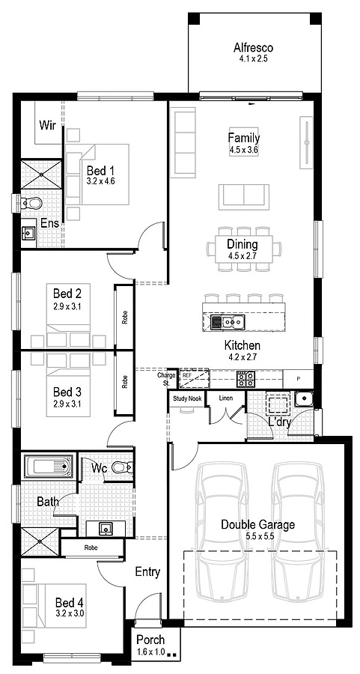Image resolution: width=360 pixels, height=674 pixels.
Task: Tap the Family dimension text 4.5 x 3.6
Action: tap(243, 150)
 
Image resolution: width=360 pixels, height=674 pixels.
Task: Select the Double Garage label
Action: tap(257, 524)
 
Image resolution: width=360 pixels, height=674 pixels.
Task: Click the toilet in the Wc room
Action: tap(123, 470)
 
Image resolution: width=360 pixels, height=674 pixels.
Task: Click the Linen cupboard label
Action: tap(225, 398)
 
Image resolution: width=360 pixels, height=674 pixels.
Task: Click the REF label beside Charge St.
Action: tap(186, 374)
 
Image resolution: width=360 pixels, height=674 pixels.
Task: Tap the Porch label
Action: tap(150, 641)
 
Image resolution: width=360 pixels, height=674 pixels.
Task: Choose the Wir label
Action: tap(48, 124)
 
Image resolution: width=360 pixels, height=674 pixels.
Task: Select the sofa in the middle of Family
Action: tap(242, 196)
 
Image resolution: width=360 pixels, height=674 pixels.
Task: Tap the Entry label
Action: tap(147, 572)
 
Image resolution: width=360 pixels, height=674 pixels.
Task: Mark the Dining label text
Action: tap(242, 244)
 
